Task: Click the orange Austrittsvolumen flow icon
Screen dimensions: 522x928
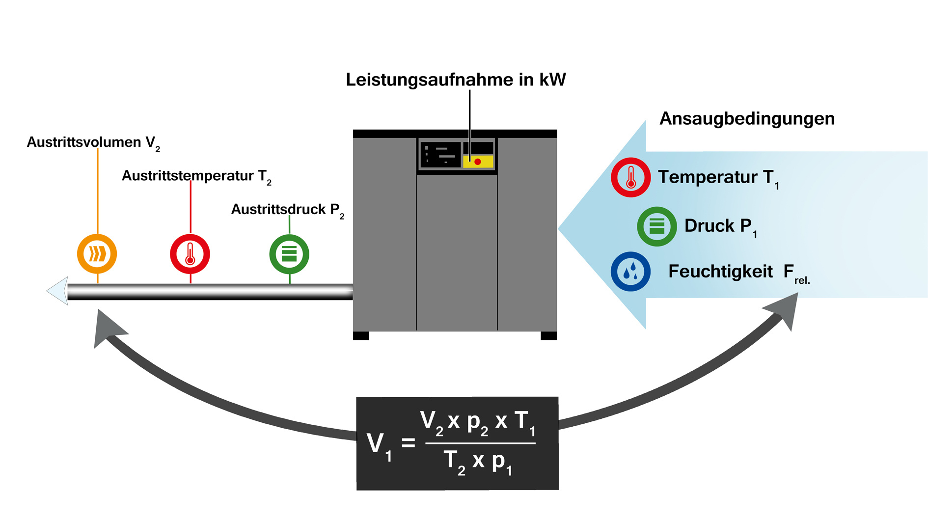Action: tap(97, 254)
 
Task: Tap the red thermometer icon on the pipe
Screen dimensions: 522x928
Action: tap(190, 254)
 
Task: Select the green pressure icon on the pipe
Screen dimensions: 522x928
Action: tap(289, 254)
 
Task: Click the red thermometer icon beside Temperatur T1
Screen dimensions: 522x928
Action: tap(630, 177)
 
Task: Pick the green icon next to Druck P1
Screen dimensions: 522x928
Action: tap(656, 226)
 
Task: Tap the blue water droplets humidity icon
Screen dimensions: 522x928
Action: tap(630, 272)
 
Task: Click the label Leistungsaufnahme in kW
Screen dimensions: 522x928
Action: tap(456, 80)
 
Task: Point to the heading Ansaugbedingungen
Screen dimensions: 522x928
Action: tap(747, 118)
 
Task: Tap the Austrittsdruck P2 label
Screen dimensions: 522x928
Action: tap(287, 210)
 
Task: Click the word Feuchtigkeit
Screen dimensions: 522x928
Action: tap(720, 272)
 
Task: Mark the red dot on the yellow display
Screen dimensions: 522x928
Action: tap(477, 162)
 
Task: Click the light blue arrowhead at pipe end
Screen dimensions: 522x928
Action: tap(58, 291)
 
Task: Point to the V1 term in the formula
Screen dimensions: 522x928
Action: tap(379, 444)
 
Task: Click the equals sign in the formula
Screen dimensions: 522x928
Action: tap(408, 443)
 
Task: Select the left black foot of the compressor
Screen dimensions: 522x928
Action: tap(361, 336)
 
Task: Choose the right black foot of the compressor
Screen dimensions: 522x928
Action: tap(548, 336)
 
